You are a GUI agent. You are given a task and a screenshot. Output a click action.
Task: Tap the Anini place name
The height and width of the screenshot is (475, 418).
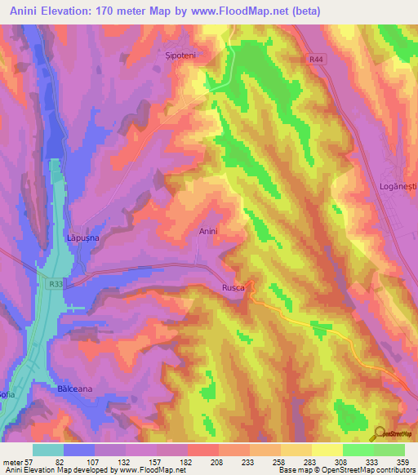[208, 232]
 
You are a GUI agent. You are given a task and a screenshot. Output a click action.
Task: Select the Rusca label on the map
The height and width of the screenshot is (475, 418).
[233, 288]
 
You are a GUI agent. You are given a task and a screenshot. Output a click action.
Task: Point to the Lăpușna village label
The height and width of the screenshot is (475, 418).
[82, 237]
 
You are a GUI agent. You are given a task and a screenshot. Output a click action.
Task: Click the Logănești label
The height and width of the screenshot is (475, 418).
[398, 187]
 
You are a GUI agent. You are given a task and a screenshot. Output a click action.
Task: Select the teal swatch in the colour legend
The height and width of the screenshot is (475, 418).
[48, 450]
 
